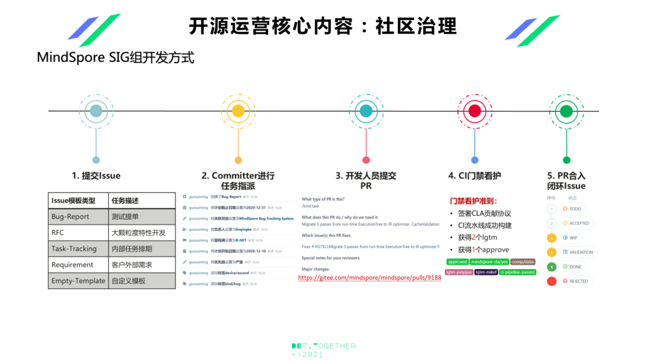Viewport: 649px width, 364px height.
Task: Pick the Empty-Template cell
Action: point(78,281)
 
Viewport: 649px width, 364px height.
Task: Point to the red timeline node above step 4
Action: point(475,111)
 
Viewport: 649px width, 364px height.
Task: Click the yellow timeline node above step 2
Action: point(238,111)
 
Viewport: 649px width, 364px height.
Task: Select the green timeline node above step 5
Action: point(566,111)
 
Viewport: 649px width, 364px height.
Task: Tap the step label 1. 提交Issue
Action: point(96,176)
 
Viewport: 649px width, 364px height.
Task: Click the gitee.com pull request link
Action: point(370,278)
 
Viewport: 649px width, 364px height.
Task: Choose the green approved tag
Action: point(457,262)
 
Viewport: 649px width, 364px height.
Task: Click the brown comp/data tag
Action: point(523,262)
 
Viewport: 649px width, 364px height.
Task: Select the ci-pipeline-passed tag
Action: point(517,272)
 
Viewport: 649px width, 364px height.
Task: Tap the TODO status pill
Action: point(573,208)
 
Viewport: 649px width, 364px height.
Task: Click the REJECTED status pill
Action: point(576,281)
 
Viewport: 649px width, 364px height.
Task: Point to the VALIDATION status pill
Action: point(577,252)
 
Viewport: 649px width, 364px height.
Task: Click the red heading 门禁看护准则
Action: point(474,201)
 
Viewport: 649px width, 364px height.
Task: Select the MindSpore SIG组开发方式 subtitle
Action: point(115,58)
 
